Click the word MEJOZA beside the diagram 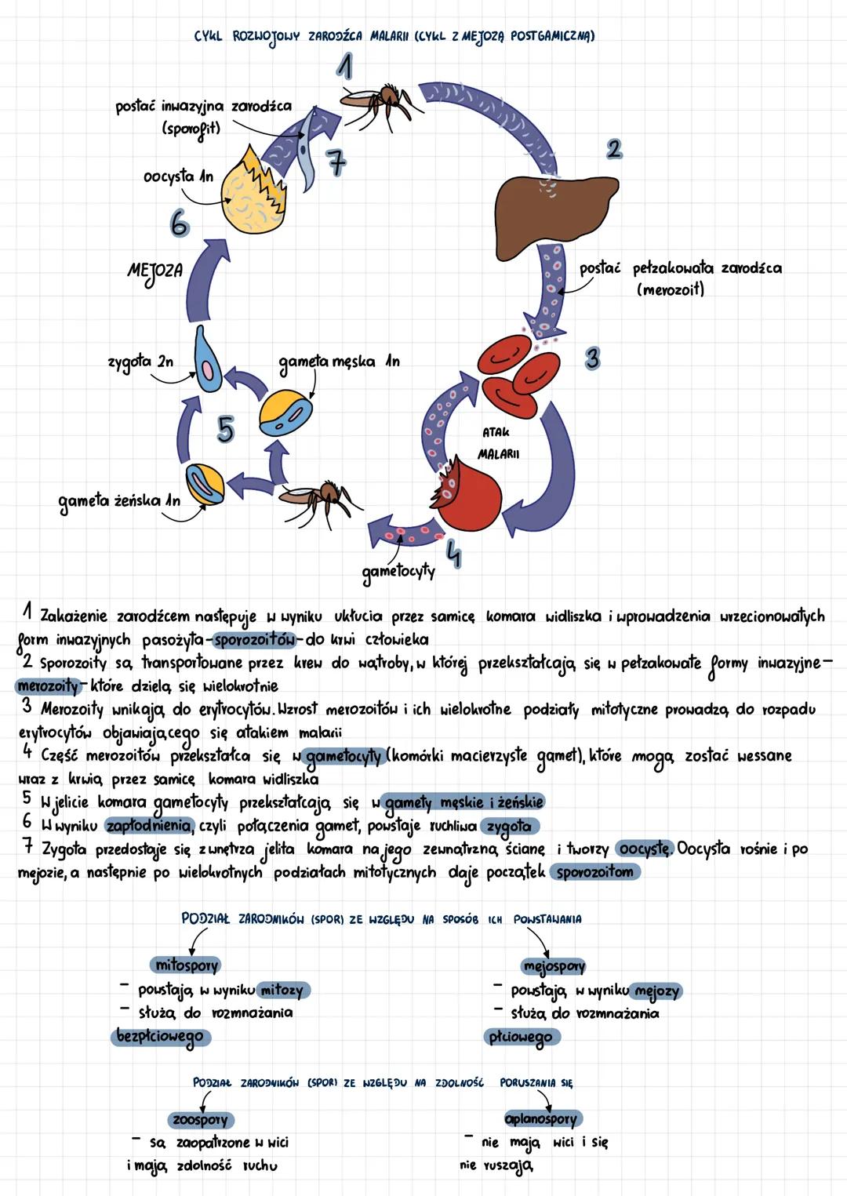point(154,272)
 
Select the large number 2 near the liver point(614,148)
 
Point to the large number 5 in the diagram point(225,429)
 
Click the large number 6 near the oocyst point(180,224)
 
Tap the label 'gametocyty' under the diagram point(398,571)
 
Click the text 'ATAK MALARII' point(498,443)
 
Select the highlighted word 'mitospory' point(187,965)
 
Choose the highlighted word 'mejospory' point(554,966)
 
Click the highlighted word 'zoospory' point(200,1119)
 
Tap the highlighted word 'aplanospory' point(540,1119)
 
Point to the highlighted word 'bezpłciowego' point(160,1036)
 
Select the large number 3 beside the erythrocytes point(593,358)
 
